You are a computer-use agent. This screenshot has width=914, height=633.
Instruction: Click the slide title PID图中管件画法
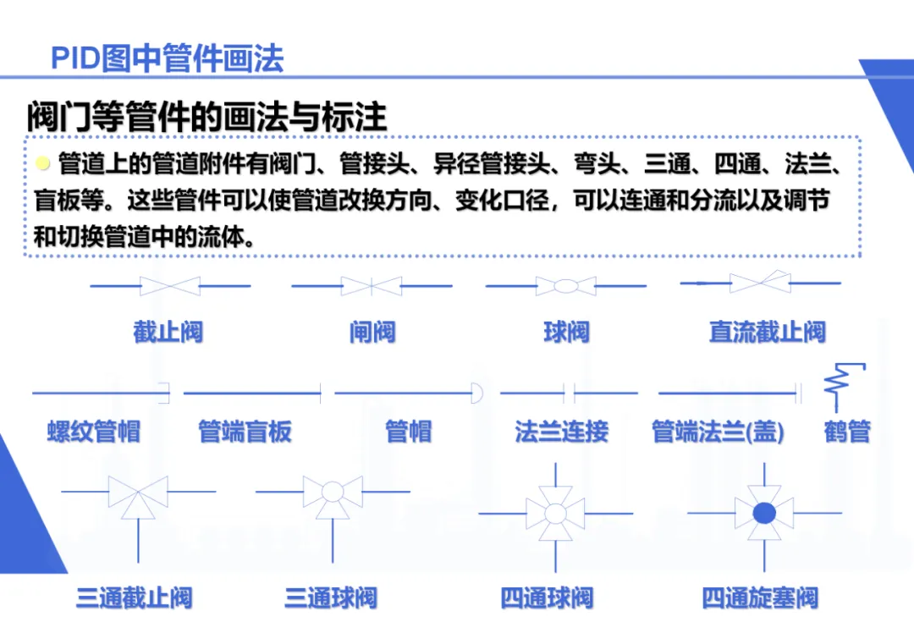(x=167, y=58)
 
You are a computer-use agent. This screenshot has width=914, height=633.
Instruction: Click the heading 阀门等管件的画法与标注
(x=206, y=117)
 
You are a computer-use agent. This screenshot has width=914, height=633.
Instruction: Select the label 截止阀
(x=168, y=331)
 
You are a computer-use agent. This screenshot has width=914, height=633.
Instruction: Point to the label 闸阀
(x=372, y=331)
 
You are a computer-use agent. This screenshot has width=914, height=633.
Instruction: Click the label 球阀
(x=566, y=331)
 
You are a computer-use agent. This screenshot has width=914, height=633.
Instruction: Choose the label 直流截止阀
(x=767, y=331)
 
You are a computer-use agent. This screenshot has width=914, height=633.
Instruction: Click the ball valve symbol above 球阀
(x=566, y=286)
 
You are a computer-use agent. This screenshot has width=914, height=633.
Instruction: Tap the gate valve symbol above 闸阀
(x=372, y=286)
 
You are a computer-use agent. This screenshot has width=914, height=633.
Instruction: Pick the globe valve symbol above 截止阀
(x=170, y=286)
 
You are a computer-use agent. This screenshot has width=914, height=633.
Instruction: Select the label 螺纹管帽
(x=93, y=432)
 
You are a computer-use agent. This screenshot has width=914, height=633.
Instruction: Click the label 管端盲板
(x=245, y=432)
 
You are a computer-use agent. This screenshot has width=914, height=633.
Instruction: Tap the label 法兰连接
(x=561, y=432)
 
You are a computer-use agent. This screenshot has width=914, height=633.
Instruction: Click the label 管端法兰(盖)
(x=718, y=432)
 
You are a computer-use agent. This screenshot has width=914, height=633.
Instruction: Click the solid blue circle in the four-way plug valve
(x=764, y=513)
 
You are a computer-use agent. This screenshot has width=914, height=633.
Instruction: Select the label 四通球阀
(x=547, y=598)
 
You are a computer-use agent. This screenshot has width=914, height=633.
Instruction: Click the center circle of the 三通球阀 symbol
(x=333, y=492)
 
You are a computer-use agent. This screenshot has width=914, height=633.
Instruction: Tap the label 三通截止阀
(x=135, y=598)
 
